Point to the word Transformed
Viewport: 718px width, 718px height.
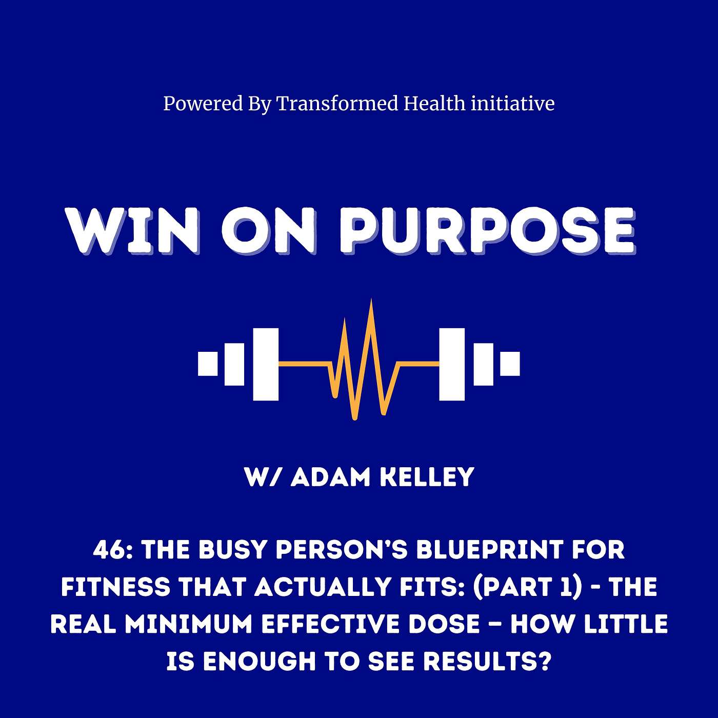[x=337, y=104]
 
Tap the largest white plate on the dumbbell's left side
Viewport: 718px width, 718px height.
[x=266, y=364]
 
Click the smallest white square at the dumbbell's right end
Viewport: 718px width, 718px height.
[x=510, y=364]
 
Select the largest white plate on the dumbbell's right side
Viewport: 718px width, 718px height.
[x=452, y=364]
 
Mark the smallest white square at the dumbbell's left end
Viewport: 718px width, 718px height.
[x=208, y=364]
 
